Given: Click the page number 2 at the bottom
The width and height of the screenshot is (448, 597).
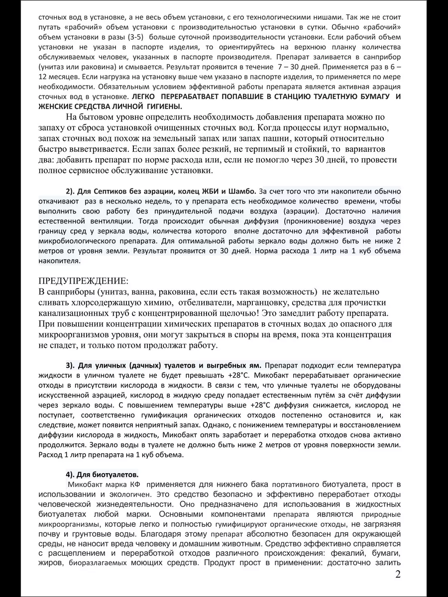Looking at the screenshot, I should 398,575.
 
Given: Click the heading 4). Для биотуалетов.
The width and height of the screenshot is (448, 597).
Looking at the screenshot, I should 102,473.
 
